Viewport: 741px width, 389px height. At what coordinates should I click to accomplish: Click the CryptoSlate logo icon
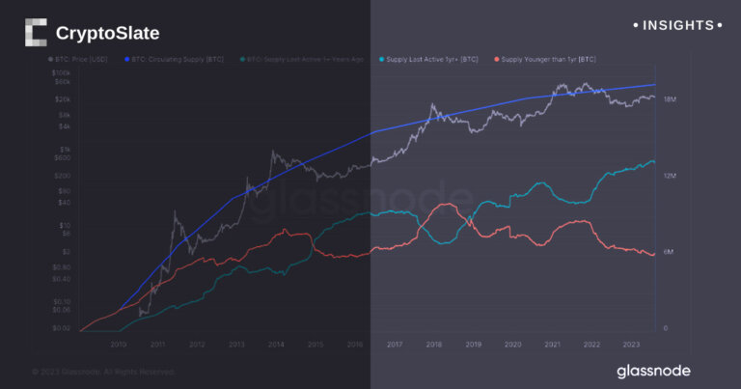tap(36, 33)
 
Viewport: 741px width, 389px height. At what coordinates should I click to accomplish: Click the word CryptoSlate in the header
tap(107, 34)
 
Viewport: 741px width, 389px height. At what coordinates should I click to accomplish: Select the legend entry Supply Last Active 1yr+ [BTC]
tap(431, 60)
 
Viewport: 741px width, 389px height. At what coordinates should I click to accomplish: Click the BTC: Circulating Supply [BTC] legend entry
tap(176, 60)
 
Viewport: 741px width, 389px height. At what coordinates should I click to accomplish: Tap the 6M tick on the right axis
tap(668, 252)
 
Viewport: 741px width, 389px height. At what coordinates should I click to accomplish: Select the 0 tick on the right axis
tap(665, 328)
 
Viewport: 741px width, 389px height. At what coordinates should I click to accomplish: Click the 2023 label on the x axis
tap(631, 345)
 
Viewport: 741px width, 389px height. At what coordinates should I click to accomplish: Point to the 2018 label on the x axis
tap(433, 345)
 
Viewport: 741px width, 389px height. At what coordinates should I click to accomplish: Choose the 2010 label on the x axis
tap(119, 345)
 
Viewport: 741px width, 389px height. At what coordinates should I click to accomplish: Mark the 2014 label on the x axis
tap(276, 345)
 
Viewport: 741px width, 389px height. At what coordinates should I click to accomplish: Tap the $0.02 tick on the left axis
tap(61, 328)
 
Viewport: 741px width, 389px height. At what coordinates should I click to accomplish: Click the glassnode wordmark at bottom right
tap(653, 371)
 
